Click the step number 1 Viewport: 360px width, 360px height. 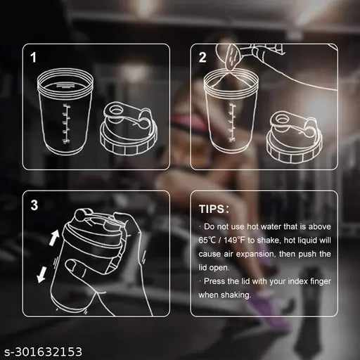click(34, 58)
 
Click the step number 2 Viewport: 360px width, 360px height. click(202, 58)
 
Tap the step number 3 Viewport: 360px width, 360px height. click(34, 205)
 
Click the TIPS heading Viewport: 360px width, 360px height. click(214, 209)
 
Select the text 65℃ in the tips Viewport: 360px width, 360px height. click(207, 240)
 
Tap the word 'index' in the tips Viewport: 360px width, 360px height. click(297, 281)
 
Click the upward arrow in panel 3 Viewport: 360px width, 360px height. click(54, 237)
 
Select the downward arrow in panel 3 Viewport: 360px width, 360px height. click(41, 275)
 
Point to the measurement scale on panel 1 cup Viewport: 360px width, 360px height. click(66, 124)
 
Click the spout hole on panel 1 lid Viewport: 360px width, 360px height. click(115, 110)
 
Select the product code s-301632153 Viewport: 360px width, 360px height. click(44, 352)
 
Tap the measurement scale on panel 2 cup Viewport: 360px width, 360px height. click(232, 122)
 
